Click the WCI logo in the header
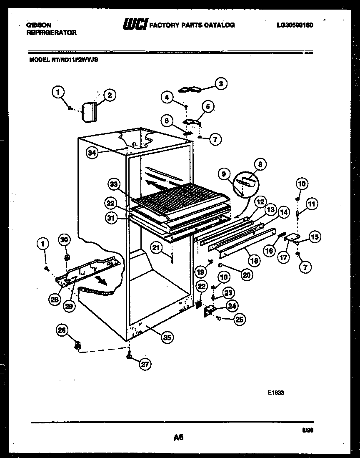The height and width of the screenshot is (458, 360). pyautogui.click(x=134, y=25)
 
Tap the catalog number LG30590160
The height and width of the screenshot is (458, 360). pyautogui.click(x=295, y=25)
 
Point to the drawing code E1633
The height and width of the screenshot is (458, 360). pyautogui.click(x=276, y=393)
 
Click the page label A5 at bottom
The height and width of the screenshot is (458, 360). pyautogui.click(x=178, y=438)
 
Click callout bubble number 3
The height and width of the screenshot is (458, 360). pyautogui.click(x=221, y=84)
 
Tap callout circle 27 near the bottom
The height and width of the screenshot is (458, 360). pyautogui.click(x=144, y=364)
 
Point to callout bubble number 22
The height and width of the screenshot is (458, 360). pyautogui.click(x=201, y=286)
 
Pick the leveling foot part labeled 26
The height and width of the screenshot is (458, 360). pyautogui.click(x=77, y=346)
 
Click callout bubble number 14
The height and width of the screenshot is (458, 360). pyautogui.click(x=283, y=213)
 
